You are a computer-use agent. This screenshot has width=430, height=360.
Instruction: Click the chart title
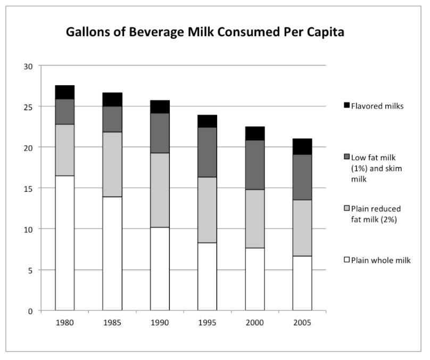pos(205,32)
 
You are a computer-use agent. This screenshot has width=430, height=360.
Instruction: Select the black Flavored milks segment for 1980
pos(64,92)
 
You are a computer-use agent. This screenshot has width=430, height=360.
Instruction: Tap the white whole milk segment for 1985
pos(112,253)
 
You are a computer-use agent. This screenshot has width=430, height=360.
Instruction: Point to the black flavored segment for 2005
pos(302,146)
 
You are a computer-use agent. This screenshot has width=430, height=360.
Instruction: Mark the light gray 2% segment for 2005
pos(302,228)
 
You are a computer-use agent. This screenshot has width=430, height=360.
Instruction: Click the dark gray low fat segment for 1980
pos(64,112)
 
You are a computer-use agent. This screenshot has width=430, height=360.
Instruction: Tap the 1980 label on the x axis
pos(64,323)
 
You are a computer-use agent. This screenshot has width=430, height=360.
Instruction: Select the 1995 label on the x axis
pos(207,323)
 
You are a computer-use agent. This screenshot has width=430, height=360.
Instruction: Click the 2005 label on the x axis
pos(302,323)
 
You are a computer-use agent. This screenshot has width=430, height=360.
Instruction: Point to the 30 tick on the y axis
pos(28,66)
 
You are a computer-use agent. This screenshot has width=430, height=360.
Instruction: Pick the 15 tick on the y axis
pos(28,189)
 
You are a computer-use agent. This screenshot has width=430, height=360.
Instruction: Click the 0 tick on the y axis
pos(31,311)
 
